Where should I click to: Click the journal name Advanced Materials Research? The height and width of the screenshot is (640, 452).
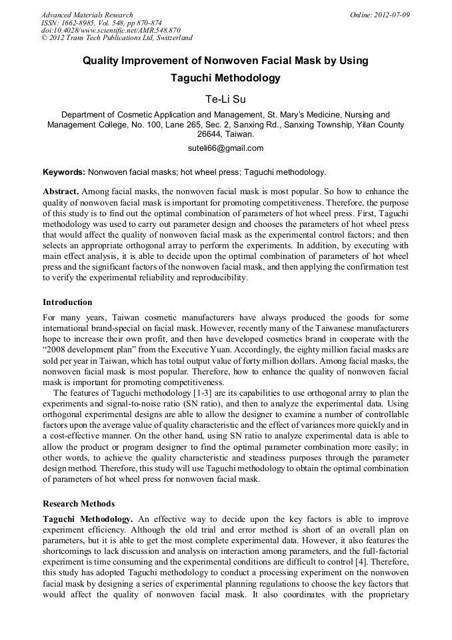[87, 15]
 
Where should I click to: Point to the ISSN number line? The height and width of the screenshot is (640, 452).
[101, 23]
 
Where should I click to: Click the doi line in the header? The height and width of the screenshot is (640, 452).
[111, 30]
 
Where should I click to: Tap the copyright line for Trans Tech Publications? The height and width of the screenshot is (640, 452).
[117, 38]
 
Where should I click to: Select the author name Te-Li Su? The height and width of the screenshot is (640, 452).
[225, 99]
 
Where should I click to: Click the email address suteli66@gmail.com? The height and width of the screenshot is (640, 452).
[225, 148]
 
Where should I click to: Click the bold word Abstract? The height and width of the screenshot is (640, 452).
[61, 191]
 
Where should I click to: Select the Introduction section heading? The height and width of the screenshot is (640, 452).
[67, 302]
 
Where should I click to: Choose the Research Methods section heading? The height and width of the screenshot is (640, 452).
[79, 503]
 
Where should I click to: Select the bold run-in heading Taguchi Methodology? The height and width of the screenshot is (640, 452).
[87, 519]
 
